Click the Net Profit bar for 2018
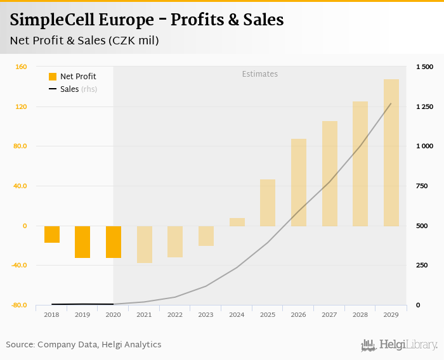[x=52, y=234]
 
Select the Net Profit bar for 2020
[x=114, y=241]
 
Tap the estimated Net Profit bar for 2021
[x=145, y=244]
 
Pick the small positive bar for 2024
[x=237, y=222]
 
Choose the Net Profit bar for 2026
[x=299, y=183]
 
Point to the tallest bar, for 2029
[x=391, y=153]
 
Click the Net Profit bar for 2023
[x=206, y=236]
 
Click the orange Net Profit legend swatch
[x=53, y=77]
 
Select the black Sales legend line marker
[x=53, y=89]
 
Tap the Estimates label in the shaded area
[x=260, y=74]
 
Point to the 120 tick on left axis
[x=22, y=106]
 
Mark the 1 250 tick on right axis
[x=424, y=106]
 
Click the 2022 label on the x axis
[x=175, y=314]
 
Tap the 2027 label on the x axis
[x=329, y=314]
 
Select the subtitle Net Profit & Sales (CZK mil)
[x=84, y=41]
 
